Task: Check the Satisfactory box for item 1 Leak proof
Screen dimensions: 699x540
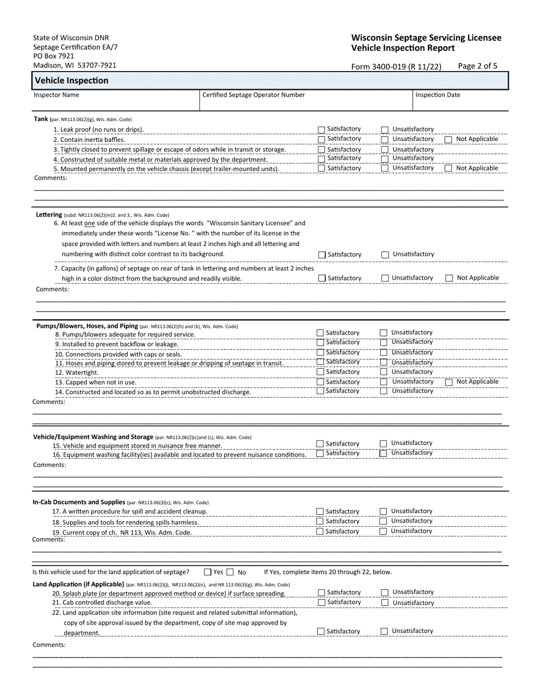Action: [322, 130]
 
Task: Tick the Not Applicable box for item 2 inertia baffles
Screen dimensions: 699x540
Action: [448, 139]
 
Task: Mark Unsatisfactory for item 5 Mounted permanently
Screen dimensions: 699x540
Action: [385, 168]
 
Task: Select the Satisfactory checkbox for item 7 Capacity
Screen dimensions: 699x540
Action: [322, 278]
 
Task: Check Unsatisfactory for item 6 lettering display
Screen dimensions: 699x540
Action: [385, 255]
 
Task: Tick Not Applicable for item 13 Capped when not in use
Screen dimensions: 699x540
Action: [448, 382]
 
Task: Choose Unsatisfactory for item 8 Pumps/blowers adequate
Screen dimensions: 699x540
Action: [384, 333]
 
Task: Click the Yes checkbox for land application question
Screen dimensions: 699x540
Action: [207, 572]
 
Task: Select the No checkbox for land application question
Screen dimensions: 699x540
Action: [230, 572]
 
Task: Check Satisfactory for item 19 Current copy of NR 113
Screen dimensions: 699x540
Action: [320, 532]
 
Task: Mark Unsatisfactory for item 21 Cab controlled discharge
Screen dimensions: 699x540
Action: [385, 602]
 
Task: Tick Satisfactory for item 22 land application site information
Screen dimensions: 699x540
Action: [322, 631]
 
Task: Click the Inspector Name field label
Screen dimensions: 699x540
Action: [56, 95]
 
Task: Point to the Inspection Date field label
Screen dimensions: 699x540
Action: [438, 95]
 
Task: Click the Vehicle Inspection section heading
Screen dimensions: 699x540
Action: [72, 81]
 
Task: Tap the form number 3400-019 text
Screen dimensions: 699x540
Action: [396, 66]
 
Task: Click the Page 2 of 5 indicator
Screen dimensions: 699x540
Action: [477, 66]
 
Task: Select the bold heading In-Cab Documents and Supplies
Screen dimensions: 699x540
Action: [78, 502]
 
